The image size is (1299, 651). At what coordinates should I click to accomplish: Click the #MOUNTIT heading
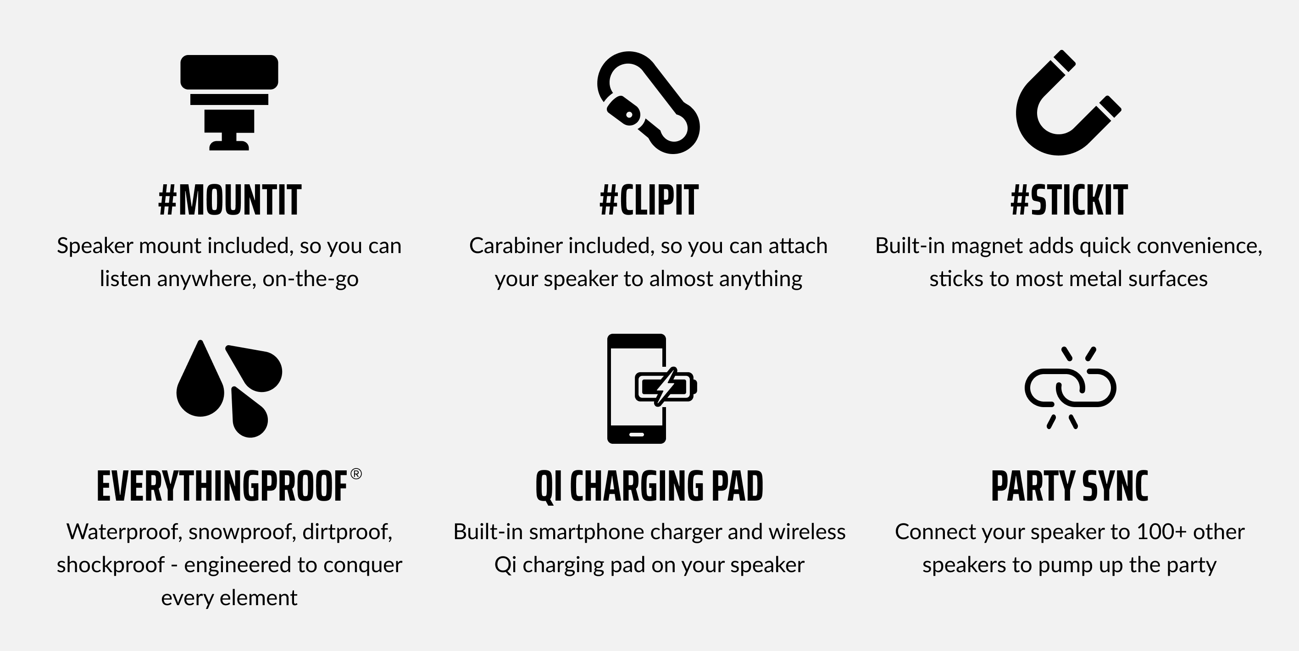(x=229, y=200)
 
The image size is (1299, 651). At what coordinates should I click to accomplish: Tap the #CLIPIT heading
(x=649, y=200)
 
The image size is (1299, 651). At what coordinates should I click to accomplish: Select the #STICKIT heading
(x=1069, y=200)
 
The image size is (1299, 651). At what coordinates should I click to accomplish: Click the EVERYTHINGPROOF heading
(x=222, y=486)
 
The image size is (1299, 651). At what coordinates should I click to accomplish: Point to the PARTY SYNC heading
(x=1070, y=486)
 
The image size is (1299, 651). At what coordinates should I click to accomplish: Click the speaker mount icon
(x=229, y=103)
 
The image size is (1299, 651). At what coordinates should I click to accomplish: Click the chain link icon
(x=1070, y=388)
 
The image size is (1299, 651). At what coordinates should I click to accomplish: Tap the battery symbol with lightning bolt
(x=666, y=387)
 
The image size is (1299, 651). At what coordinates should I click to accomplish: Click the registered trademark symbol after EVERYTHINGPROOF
(x=356, y=474)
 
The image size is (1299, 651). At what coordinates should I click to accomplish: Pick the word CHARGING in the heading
(x=637, y=486)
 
